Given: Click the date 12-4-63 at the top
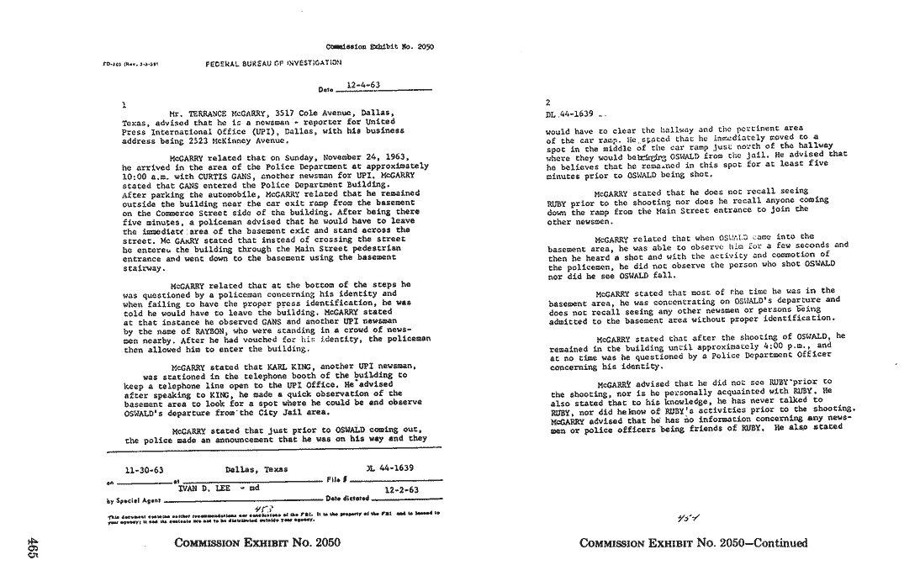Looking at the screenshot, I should [362, 86].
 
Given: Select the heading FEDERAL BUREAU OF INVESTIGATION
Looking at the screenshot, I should [273, 63].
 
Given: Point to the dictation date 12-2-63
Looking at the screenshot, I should [401, 488].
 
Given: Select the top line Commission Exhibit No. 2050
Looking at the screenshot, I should [379, 47].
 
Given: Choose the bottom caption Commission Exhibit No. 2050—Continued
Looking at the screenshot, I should [694, 543].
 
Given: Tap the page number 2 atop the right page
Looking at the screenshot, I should [548, 101].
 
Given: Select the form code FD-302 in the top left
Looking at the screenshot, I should [112, 63].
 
